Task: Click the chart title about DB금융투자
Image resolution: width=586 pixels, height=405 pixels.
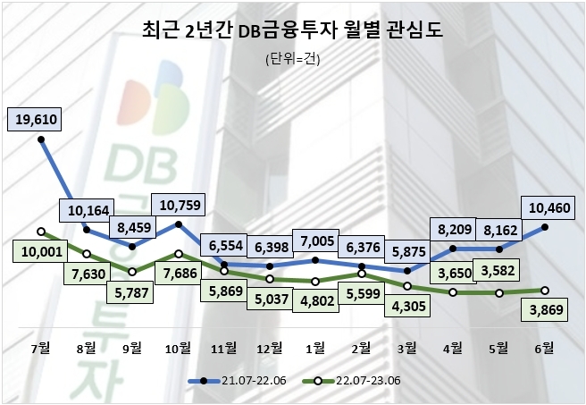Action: point(292,32)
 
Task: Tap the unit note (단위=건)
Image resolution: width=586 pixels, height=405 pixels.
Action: point(292,60)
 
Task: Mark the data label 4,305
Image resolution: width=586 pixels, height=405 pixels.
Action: point(407,305)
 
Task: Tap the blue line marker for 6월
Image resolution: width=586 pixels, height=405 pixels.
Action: point(545,227)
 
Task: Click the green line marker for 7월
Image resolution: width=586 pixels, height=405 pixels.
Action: point(41,231)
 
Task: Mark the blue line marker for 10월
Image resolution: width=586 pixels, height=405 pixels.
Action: point(179,224)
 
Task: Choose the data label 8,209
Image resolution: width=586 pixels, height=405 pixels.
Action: point(454,230)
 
